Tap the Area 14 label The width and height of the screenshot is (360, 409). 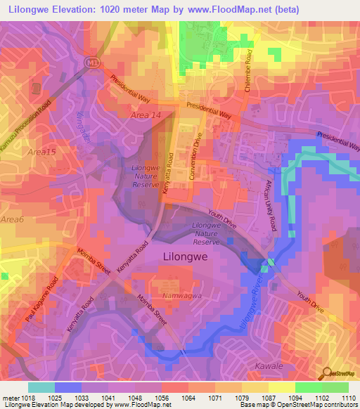pos(147,114)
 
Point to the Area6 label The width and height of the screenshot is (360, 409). pos(12,221)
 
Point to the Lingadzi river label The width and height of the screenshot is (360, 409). pos(82,126)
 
